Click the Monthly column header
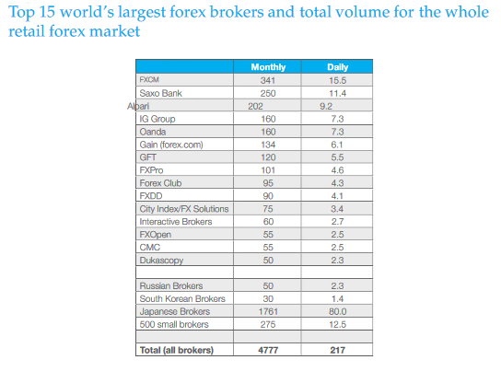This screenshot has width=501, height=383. pyautogui.click(x=268, y=67)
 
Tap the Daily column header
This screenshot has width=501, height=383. pyautogui.click(x=337, y=67)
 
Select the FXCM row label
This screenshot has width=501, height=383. pyautogui.click(x=149, y=79)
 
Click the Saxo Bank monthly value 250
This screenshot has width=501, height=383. pyautogui.click(x=268, y=93)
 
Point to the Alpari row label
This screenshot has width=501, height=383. pyautogui.click(x=138, y=106)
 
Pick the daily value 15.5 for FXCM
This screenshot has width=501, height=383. pyautogui.click(x=337, y=80)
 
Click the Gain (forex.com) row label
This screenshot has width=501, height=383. pyautogui.click(x=171, y=145)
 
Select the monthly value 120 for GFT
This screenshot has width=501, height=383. pyautogui.click(x=268, y=157)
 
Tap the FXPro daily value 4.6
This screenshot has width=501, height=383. pyautogui.click(x=337, y=170)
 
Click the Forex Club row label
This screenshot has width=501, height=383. pyautogui.click(x=160, y=183)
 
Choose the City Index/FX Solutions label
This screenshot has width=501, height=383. pyautogui.click(x=184, y=209)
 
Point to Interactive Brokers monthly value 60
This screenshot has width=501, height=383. pyautogui.click(x=268, y=222)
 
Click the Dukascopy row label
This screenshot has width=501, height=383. pyautogui.click(x=161, y=261)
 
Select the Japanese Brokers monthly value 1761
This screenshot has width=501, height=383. pyautogui.click(x=268, y=311)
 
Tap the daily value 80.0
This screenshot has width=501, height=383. pyautogui.click(x=337, y=311)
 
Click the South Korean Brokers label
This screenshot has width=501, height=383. pyautogui.click(x=182, y=298)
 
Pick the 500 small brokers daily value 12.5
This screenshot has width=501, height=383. pyautogui.click(x=337, y=325)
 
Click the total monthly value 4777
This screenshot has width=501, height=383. pyautogui.click(x=268, y=350)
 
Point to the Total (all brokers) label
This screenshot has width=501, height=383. pyautogui.click(x=177, y=350)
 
